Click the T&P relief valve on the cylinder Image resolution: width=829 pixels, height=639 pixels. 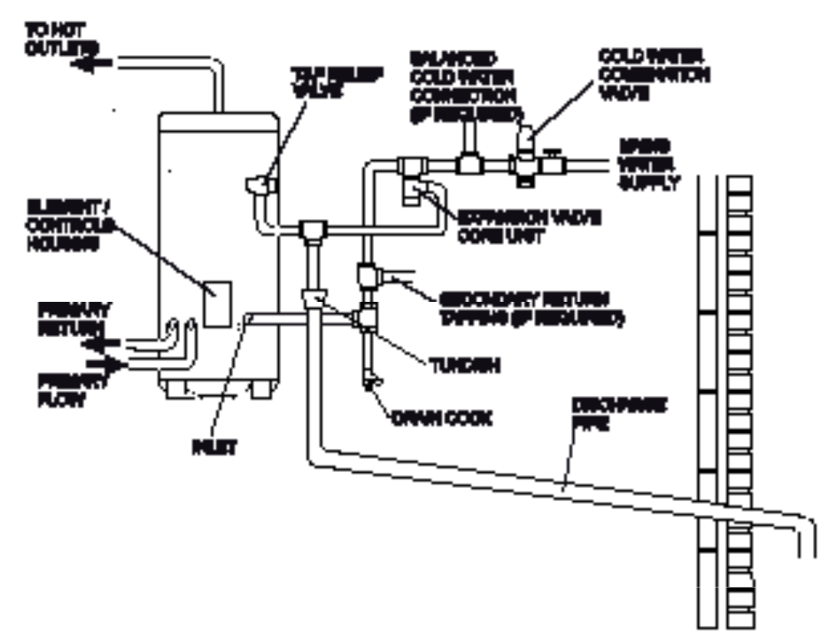261,185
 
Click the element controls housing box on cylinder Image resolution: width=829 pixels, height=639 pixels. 218,303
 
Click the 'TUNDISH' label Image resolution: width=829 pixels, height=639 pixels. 464,367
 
